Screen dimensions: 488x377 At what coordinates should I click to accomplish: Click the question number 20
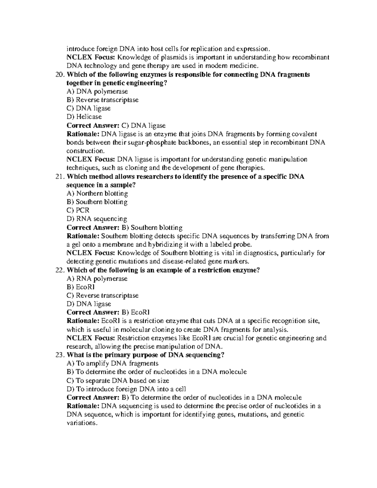click(x=59, y=75)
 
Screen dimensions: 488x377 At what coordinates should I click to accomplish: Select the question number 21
click(x=59, y=177)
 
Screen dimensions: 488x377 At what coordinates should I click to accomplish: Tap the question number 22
click(x=59, y=270)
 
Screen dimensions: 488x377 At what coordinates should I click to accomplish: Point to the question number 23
click(x=59, y=355)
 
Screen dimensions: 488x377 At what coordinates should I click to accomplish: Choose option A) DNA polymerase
click(x=97, y=92)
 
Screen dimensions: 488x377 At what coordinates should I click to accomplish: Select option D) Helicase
click(x=84, y=117)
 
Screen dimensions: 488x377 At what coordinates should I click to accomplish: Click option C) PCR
click(x=78, y=211)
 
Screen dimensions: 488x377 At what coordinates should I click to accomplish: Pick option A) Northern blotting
click(x=97, y=194)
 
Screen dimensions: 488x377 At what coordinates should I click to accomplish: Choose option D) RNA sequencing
click(x=97, y=219)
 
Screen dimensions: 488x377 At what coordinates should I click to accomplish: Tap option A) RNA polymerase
click(x=97, y=279)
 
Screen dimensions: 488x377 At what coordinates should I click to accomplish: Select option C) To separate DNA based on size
click(x=118, y=381)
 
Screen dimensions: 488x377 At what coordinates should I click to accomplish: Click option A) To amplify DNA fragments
click(x=112, y=364)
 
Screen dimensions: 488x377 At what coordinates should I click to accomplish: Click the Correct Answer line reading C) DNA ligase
click(x=116, y=126)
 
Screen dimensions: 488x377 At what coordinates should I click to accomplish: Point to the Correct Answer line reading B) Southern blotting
click(x=124, y=228)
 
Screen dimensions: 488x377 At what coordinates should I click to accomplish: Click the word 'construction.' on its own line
click(x=85, y=151)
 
